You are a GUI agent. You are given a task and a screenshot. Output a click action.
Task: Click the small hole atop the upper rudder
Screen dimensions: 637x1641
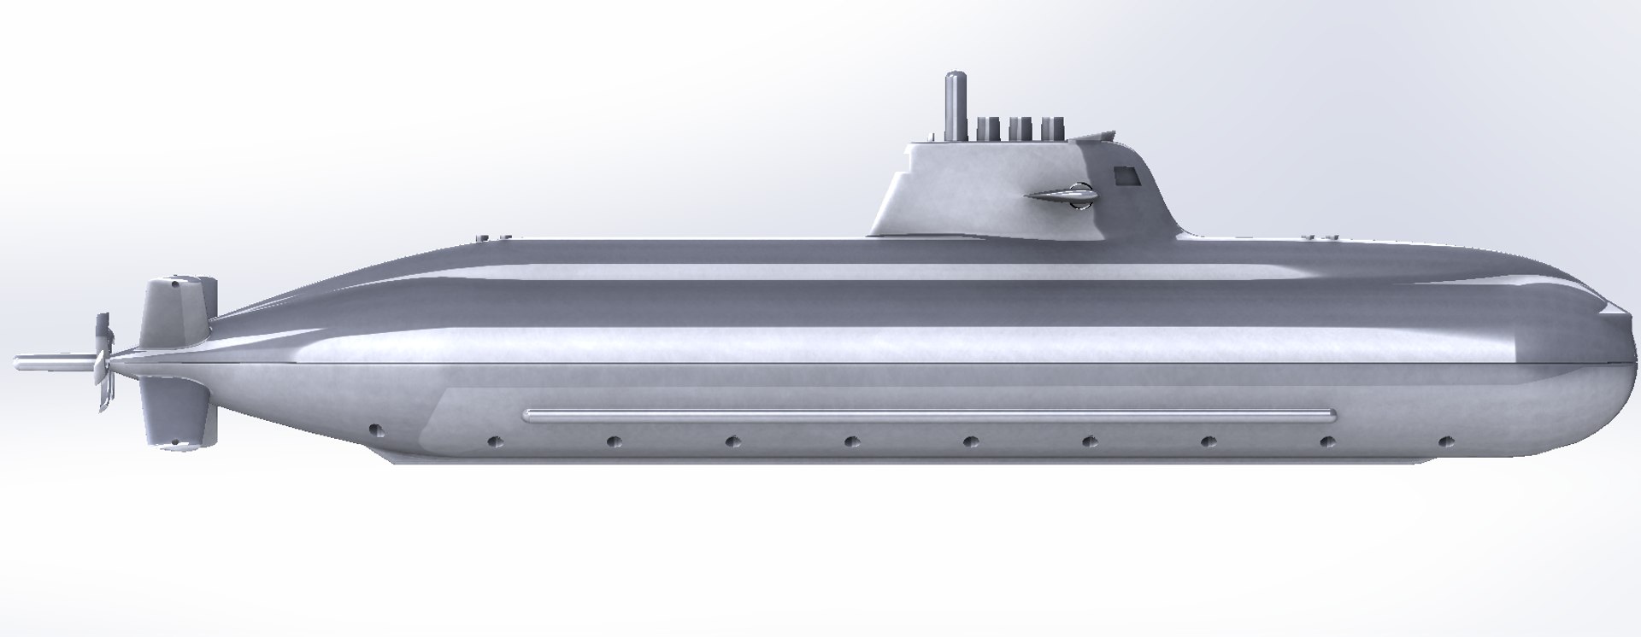174,279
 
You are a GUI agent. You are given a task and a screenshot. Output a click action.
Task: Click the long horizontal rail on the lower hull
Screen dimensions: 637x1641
927,415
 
